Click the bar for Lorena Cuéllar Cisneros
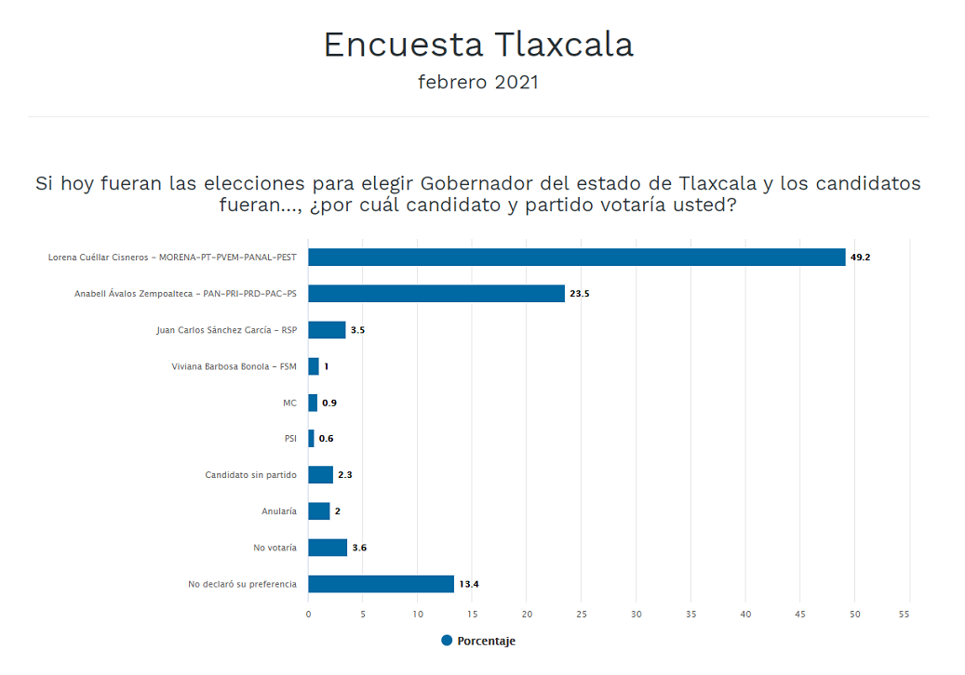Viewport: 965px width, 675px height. click(577, 258)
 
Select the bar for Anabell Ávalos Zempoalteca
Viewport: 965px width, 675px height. click(436, 294)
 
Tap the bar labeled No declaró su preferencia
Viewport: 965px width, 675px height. click(381, 584)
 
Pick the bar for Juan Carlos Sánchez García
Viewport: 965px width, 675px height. click(327, 330)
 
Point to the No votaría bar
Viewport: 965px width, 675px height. click(328, 548)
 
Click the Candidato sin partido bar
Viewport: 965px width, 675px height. click(320, 475)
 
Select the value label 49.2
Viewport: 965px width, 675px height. click(860, 258)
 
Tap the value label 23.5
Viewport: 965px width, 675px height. click(580, 294)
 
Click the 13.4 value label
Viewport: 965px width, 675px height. click(468, 584)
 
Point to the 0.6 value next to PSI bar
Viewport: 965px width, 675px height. click(327, 439)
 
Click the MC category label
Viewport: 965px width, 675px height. click(289, 403)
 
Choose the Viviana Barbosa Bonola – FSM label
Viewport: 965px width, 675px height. click(234, 366)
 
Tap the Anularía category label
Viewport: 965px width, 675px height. click(279, 511)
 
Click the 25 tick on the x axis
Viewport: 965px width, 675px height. click(582, 614)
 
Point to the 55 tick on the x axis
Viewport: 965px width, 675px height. click(909, 614)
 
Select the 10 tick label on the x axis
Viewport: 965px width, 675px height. click(418, 614)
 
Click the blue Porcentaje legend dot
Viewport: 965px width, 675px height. click(447, 641)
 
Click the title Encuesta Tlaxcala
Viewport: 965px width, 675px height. click(478, 45)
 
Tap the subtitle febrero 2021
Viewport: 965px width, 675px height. click(478, 82)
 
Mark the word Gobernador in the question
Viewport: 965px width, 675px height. click(477, 183)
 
